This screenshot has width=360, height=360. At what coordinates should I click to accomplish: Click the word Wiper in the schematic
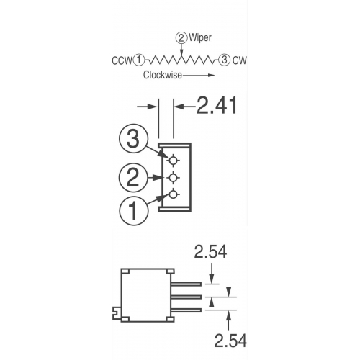200,38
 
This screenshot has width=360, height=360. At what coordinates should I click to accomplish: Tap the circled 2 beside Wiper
181,38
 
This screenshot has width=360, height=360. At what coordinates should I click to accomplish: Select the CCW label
122,60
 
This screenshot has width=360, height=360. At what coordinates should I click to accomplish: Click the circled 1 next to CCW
139,60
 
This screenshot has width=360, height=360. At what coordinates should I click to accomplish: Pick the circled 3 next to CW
224,60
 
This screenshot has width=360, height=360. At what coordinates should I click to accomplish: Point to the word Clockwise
163,75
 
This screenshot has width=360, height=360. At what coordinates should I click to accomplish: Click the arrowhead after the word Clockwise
211,75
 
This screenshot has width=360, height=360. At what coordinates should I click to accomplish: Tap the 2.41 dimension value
217,105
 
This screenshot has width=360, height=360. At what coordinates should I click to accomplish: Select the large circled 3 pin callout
132,138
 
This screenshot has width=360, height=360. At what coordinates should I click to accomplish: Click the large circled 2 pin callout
132,178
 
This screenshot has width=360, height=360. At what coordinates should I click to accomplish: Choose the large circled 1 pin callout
133,211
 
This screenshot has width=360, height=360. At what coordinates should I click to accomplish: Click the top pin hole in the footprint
173,161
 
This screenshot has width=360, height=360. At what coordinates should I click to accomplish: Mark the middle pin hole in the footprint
173,178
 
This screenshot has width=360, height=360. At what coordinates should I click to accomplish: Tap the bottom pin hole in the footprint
173,194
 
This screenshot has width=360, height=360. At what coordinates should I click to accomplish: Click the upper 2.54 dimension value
210,252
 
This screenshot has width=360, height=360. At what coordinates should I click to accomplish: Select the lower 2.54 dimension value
230,341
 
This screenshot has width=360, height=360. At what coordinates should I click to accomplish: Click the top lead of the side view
186,284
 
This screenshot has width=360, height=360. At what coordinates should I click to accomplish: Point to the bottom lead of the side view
186,310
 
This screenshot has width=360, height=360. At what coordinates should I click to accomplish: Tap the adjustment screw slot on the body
117,312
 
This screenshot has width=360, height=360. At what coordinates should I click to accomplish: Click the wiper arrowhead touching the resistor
181,53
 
